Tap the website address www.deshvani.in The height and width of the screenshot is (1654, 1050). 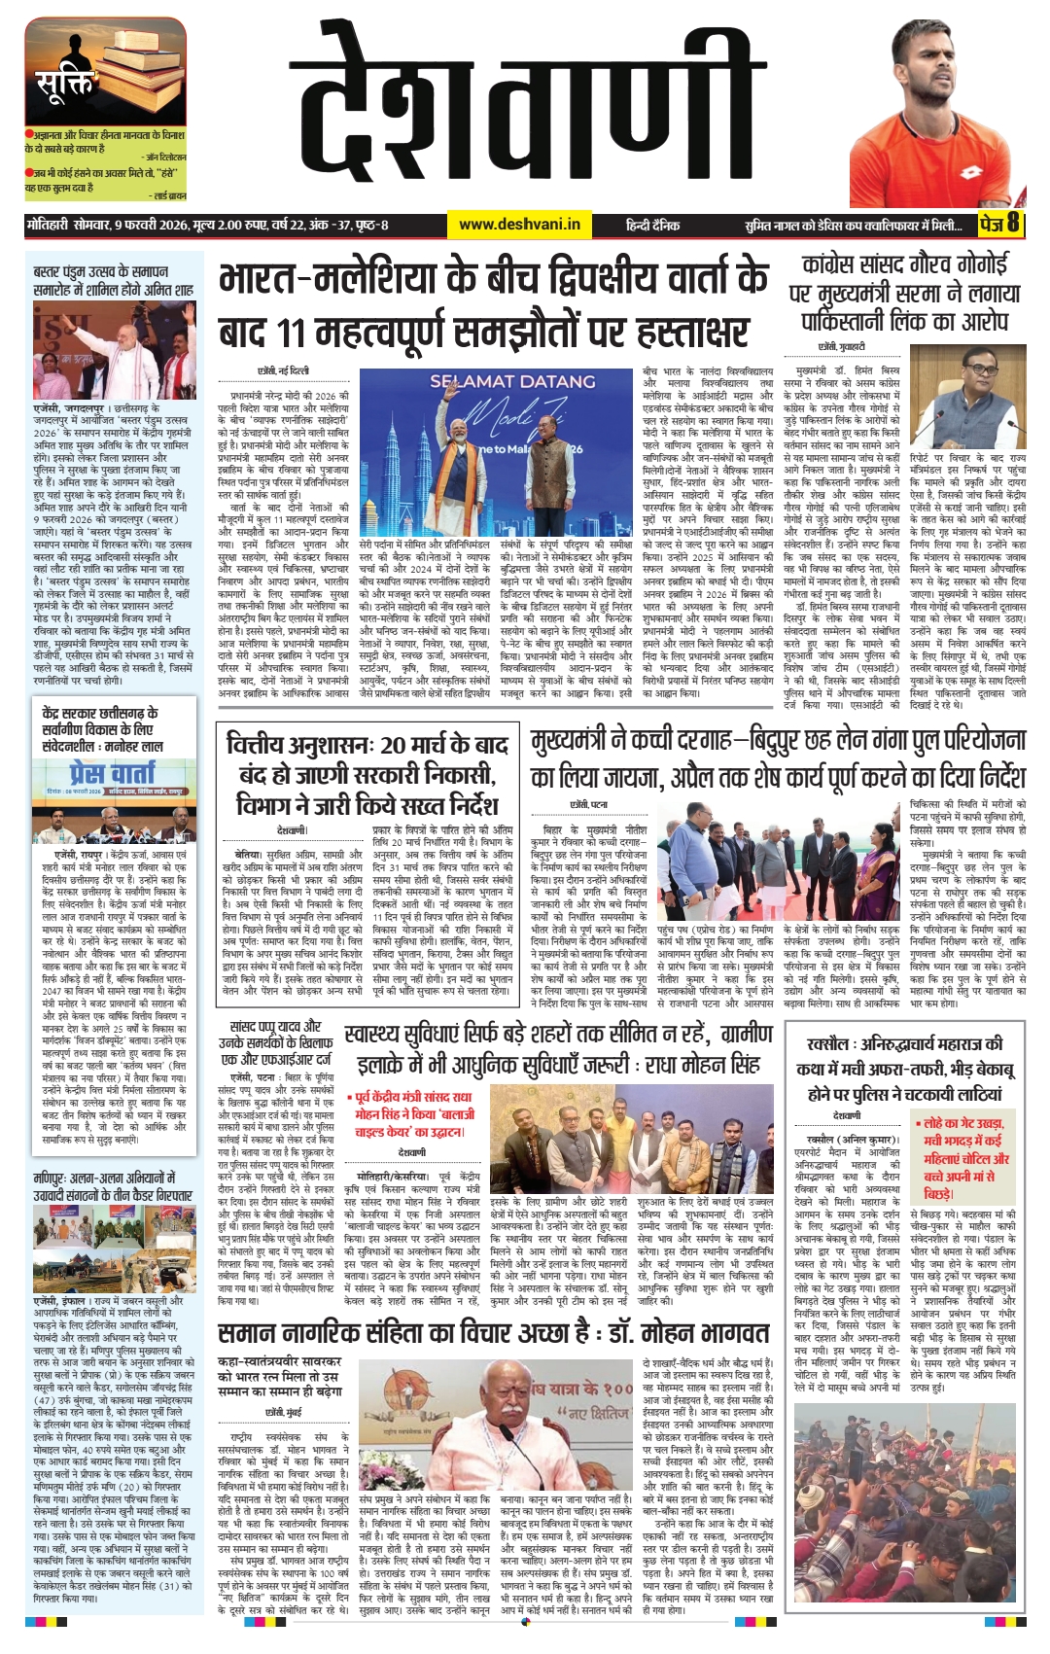pos(519,225)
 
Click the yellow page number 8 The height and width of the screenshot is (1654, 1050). pos(1012,224)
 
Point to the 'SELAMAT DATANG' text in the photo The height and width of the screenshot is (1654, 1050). pos(512,382)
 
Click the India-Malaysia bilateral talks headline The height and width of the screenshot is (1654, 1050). pos(493,305)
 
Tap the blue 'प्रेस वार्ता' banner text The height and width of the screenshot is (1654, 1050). pos(112,773)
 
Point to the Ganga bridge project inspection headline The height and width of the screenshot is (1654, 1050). pos(777,759)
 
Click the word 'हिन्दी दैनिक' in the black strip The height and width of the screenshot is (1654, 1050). pos(652,225)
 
